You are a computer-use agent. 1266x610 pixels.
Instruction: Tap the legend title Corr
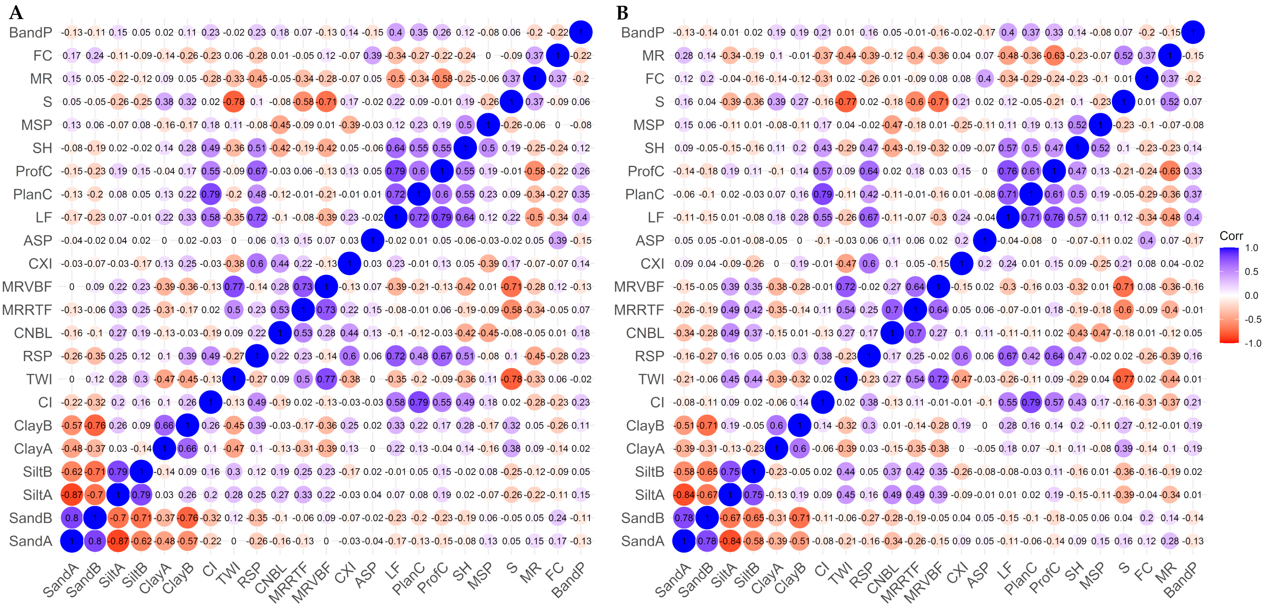(1231, 236)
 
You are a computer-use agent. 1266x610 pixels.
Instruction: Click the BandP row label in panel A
(30, 32)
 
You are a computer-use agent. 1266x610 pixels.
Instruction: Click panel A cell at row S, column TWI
(234, 102)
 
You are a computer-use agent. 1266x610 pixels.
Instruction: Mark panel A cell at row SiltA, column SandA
(72, 495)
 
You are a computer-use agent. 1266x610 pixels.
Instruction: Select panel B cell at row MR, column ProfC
(1054, 56)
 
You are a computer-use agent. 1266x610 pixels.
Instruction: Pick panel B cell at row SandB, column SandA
(684, 518)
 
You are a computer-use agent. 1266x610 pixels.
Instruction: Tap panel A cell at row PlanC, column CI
(211, 194)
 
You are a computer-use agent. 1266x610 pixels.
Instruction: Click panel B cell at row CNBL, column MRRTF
(915, 333)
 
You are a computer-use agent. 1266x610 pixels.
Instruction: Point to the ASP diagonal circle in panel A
(373, 241)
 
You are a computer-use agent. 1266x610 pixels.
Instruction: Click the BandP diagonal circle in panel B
(1193, 32)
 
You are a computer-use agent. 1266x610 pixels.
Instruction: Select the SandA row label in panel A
(30, 541)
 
